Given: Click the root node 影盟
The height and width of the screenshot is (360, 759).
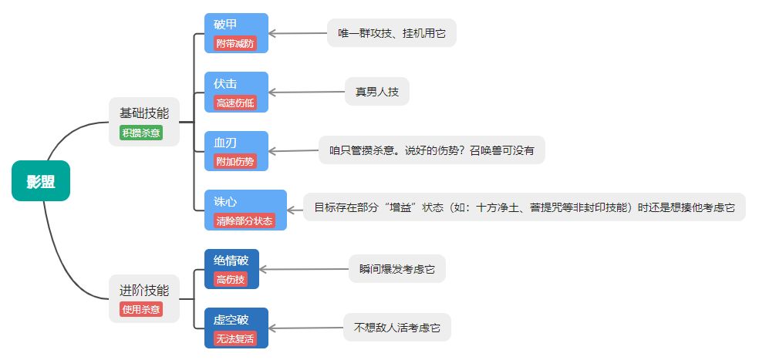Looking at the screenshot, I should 41,181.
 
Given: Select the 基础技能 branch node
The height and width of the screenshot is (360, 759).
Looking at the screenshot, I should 143,113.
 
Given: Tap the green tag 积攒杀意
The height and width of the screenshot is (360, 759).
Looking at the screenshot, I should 141,132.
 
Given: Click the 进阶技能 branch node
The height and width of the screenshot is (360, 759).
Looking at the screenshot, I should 143,291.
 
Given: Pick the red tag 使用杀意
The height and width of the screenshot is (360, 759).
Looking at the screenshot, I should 141,309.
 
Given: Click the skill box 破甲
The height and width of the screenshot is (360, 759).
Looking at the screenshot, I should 236,25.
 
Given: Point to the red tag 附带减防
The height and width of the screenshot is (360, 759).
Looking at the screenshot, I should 235,44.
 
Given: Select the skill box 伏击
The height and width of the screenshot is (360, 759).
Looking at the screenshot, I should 236,83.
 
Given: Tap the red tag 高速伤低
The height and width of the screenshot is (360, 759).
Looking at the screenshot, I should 235,103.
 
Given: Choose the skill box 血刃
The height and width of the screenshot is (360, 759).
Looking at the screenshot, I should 236,143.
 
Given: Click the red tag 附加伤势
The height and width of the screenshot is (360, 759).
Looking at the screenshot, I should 235,161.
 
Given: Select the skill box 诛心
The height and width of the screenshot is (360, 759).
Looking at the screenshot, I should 245,201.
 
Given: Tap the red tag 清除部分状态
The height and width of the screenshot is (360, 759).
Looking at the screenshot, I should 245,220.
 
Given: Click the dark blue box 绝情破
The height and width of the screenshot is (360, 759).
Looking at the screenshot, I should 231,260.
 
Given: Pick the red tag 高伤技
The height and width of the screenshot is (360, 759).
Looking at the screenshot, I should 231,279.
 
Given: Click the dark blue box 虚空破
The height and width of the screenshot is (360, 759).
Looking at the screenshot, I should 236,319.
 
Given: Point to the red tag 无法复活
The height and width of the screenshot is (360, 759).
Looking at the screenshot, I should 235,338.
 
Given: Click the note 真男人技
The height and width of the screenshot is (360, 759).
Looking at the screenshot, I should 376,92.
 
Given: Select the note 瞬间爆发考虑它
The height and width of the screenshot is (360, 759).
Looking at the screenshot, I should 396,269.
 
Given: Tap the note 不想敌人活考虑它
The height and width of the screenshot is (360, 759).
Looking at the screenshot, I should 396,328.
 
